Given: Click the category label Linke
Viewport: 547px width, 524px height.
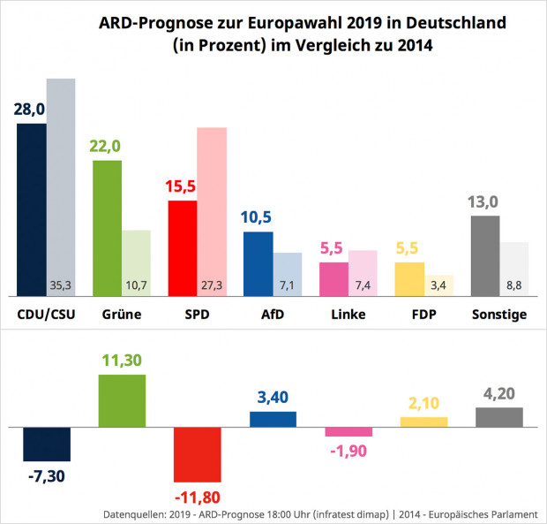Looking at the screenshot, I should click(348, 315).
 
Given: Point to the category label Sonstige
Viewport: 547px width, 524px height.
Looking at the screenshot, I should click(499, 315).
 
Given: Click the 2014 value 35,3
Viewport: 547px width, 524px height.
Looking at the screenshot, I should click(61, 285).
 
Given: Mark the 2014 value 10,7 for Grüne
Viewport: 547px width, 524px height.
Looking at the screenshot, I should click(136, 285).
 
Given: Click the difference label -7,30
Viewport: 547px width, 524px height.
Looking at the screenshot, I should click(46, 478).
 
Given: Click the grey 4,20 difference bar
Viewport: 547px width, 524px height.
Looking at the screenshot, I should click(499, 417).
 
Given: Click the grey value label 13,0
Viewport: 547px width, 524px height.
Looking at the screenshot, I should click(486, 201).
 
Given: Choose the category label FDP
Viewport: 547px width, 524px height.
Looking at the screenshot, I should click(423, 315).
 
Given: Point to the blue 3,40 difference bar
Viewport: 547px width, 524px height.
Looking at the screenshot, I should click(273, 419).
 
